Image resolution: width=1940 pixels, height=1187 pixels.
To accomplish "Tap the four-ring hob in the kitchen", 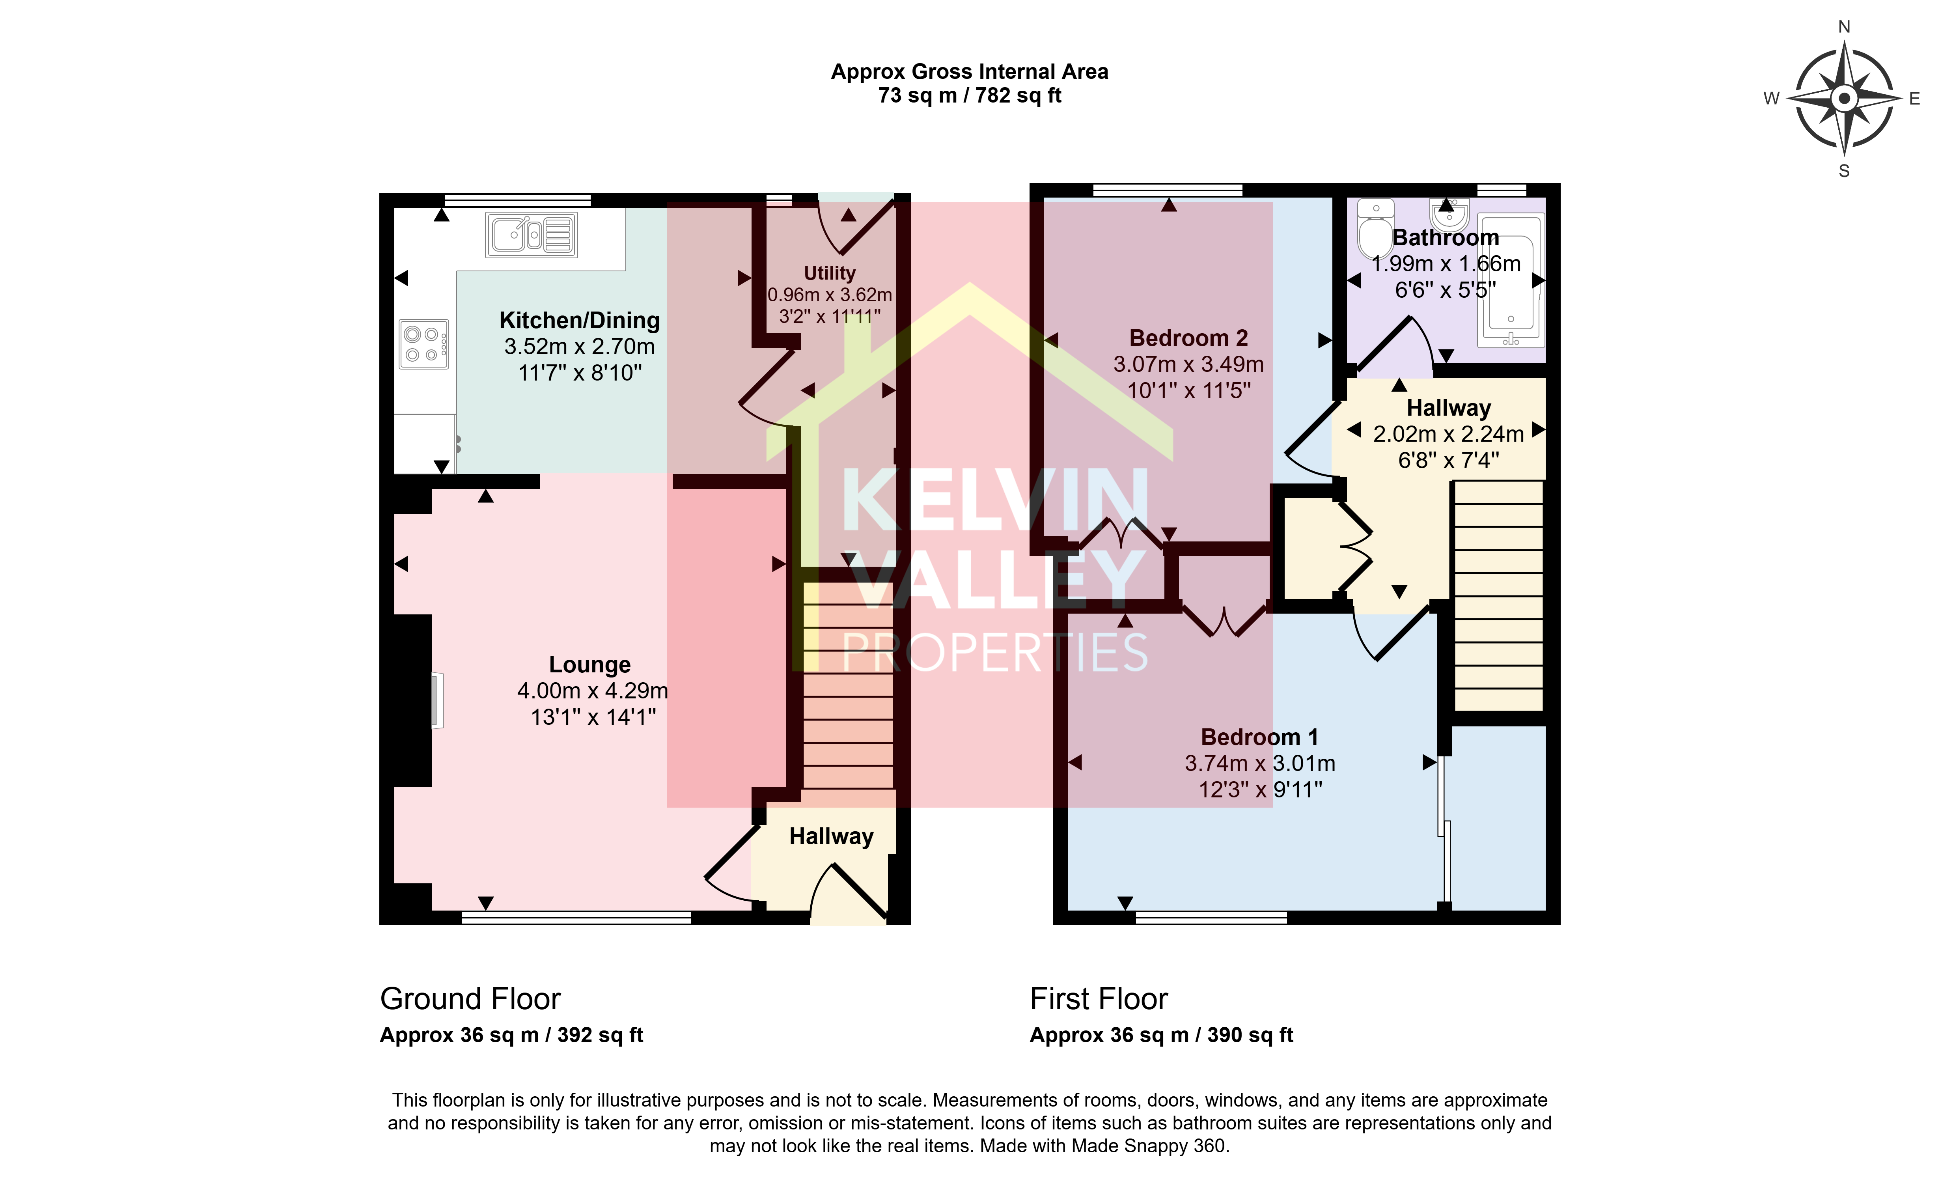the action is (x=423, y=344).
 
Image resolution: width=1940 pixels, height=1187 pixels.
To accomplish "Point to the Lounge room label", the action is (x=590, y=665).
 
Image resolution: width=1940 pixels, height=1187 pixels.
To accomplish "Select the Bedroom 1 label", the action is (x=1259, y=737).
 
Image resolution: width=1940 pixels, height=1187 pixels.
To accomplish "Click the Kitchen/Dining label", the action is (x=580, y=321).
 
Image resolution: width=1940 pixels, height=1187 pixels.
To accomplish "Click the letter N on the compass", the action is (x=1844, y=27).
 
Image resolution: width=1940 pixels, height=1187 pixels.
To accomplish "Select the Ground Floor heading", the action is (x=470, y=999).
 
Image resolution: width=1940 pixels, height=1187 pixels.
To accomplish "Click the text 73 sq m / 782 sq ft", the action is (x=970, y=95).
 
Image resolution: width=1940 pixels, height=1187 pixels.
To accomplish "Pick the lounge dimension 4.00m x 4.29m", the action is (x=592, y=691).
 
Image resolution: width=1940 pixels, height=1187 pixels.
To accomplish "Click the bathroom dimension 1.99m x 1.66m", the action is (x=1446, y=264).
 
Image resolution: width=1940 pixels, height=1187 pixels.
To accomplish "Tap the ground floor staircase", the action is (x=848, y=685).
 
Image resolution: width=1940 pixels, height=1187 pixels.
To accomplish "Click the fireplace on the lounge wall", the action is (x=435, y=700).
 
